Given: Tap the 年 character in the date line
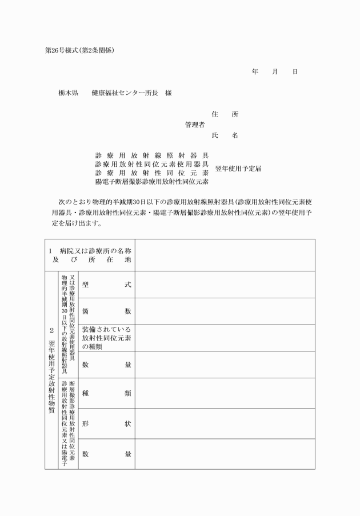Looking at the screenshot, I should tap(255, 72).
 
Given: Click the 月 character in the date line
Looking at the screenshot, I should tap(275, 72).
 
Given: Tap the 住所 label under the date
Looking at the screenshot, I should tap(225, 114).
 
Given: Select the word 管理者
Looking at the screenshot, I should tap(195, 125).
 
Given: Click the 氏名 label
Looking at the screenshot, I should tap(225, 135).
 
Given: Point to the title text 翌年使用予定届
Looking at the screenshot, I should tap(238, 169).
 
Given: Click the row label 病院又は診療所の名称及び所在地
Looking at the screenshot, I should tap(90, 255).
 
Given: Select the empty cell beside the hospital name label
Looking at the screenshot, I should tap(225, 255).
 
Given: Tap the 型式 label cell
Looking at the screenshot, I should tap(107, 285).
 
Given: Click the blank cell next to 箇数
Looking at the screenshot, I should tap(225, 311).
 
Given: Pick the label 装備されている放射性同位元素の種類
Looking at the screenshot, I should tap(107, 338).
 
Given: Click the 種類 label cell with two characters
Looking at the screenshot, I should tap(107, 393).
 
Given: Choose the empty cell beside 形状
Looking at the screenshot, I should tap(225, 423).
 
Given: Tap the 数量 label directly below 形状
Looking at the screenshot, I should tap(107, 454).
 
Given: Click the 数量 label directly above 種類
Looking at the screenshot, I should tap(107, 365).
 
